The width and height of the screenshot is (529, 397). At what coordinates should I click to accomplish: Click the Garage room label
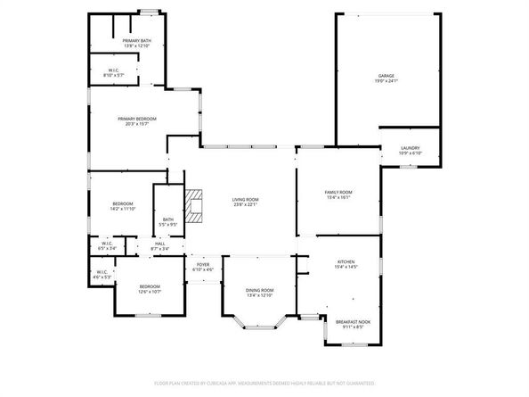(386, 76)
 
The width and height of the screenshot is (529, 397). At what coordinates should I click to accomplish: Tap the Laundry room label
(410, 148)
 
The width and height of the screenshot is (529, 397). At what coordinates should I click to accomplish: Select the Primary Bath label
(137, 41)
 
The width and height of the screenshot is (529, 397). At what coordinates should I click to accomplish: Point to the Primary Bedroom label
(137, 119)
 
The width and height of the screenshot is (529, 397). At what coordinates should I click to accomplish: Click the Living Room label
(245, 200)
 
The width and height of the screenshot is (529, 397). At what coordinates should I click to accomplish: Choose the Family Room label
(338, 192)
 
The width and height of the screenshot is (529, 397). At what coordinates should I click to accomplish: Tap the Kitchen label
(346, 261)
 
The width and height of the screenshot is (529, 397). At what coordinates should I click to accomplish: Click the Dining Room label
(259, 290)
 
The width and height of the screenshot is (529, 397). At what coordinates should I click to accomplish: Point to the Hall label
(160, 243)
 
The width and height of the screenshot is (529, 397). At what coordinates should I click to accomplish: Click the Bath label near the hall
(168, 219)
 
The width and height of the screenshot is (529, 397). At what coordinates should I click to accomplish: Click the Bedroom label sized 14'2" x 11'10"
(123, 203)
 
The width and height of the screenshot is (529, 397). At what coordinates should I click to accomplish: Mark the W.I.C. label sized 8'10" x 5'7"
(115, 70)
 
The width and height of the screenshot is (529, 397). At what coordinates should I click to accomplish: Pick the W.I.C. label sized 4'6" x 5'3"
(102, 273)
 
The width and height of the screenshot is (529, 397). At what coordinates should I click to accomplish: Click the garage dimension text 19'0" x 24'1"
(386, 81)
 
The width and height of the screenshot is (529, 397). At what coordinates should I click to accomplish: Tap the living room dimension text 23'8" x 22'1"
(245, 205)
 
